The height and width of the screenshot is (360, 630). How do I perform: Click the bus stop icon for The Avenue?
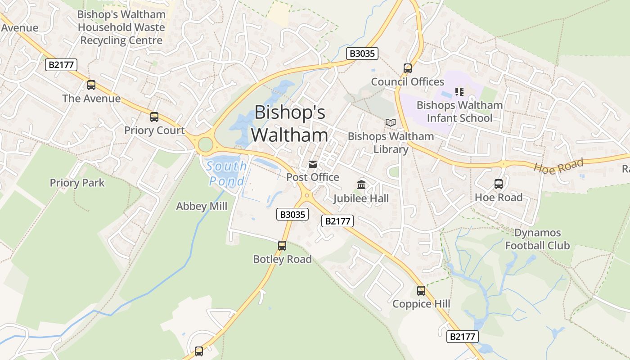tap(91, 85)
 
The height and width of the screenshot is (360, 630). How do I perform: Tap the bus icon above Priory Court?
tap(154, 117)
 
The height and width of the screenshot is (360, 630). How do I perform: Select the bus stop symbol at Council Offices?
tap(408, 68)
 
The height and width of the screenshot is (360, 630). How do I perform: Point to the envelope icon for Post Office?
tap(313, 164)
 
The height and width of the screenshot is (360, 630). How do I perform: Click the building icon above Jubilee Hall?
tap(361, 184)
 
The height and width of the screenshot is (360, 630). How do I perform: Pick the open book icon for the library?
tap(391, 122)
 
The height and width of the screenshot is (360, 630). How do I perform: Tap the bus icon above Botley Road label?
tap(282, 246)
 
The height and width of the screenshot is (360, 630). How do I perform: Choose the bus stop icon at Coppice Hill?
tap(421, 291)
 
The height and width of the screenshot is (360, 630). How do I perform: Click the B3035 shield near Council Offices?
tap(362, 54)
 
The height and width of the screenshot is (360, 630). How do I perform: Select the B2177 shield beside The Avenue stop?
tap(62, 65)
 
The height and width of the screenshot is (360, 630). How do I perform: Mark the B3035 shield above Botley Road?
tap(292, 215)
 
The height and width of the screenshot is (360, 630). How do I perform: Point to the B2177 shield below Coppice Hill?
tap(462, 336)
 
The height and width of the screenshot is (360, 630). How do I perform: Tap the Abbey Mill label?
tap(202, 206)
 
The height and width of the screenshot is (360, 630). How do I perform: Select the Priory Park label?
tap(77, 183)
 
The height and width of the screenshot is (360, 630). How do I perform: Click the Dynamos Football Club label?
tap(537, 239)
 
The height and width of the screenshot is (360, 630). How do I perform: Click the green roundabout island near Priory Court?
tap(205, 145)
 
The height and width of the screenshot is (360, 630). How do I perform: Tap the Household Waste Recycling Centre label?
tap(121, 27)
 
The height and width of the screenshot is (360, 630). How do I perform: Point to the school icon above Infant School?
tap(459, 92)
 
